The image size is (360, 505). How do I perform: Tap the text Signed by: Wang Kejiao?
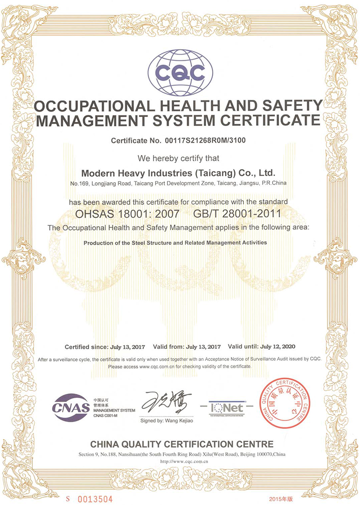166,421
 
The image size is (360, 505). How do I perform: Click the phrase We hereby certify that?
179,158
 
